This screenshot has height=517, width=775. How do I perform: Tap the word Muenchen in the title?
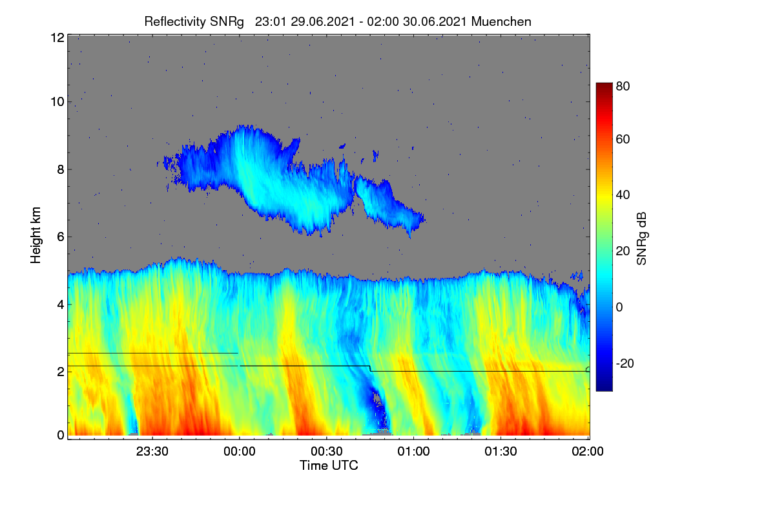[x=501, y=22]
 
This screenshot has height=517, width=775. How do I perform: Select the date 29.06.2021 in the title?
[x=322, y=22]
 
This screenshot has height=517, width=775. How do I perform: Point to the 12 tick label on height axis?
[x=57, y=37]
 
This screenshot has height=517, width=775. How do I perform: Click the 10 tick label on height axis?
[x=57, y=102]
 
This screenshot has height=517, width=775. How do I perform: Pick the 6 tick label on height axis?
[x=61, y=237]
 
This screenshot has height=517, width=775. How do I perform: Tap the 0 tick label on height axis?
[x=61, y=435]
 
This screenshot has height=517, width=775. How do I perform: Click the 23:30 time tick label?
[x=152, y=451]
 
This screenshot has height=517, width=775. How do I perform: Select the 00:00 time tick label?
[x=240, y=451]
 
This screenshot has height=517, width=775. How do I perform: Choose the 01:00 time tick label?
[x=414, y=451]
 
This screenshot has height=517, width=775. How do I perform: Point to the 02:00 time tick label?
[x=588, y=451]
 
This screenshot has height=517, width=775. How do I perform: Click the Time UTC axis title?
[x=329, y=465]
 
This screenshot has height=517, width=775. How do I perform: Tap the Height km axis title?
[x=36, y=235]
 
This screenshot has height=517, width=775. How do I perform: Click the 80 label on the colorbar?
[x=623, y=86]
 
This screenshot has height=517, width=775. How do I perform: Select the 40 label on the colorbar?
[x=623, y=195]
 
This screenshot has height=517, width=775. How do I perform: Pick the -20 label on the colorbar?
[x=625, y=363]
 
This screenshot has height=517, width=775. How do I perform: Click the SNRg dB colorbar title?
[x=641, y=238]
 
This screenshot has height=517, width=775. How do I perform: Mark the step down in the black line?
[x=370, y=368]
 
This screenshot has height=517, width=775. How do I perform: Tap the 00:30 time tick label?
[x=327, y=451]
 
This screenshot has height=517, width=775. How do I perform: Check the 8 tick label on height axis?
[x=61, y=169]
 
